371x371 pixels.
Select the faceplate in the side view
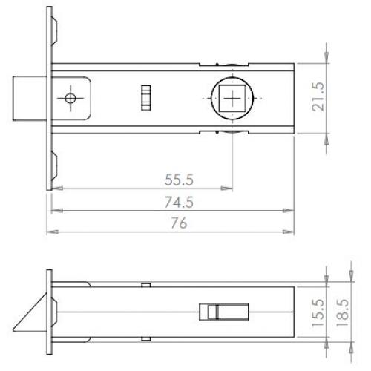[50, 312]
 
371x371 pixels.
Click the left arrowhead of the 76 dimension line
[50, 232]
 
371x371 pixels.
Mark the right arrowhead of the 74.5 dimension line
[289, 211]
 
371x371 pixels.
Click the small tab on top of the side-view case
[146, 284]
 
